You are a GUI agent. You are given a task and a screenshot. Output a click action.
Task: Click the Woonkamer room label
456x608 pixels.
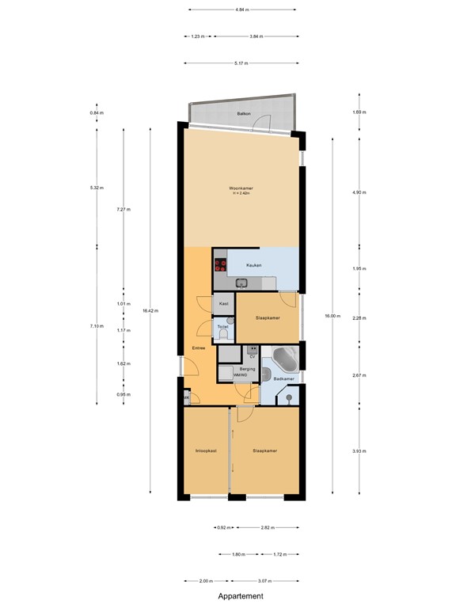(240, 188)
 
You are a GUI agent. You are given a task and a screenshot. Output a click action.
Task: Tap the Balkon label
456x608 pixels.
(243, 115)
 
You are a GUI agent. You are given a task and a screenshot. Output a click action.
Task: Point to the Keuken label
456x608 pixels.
(253, 265)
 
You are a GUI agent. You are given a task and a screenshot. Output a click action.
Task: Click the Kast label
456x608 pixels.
(224, 303)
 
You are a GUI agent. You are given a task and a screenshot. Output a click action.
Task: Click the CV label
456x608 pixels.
(252, 357)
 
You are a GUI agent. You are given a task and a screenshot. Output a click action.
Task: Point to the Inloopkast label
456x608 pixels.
(206, 451)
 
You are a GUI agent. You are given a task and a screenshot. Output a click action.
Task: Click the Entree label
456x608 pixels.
(199, 348)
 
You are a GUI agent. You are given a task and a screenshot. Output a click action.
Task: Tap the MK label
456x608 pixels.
(187, 397)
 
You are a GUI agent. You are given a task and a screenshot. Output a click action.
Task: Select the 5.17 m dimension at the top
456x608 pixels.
(241, 63)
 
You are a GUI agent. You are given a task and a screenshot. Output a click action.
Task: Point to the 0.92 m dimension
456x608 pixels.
(222, 526)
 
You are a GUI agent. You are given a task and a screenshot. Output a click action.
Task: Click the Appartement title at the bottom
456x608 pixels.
(241, 596)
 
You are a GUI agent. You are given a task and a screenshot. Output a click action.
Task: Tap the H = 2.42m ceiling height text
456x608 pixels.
(241, 193)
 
